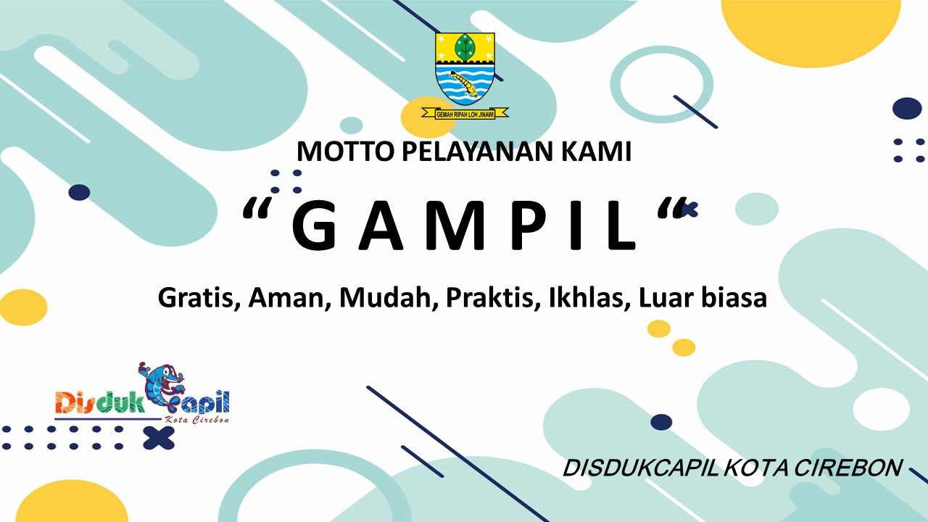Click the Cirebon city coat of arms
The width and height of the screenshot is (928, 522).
click(x=465, y=68)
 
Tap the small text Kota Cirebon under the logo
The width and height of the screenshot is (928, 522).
click(x=196, y=419)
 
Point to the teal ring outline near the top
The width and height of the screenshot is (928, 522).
click(x=661, y=83)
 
